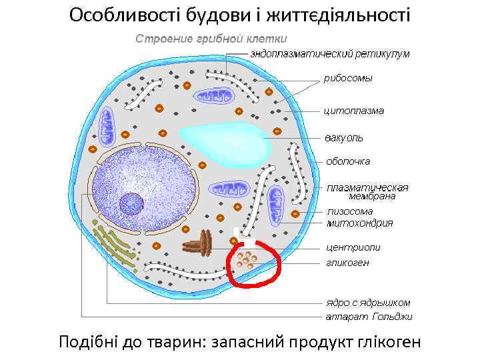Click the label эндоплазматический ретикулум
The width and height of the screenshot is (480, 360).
(330, 53)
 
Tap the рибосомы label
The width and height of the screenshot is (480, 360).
(348, 78)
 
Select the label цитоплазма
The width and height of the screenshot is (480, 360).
(353, 110)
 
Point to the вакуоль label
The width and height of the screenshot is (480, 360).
(344, 138)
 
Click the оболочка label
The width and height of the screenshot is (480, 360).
(348, 161)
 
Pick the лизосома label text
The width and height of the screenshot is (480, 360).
(350, 211)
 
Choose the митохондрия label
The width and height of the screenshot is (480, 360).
(359, 223)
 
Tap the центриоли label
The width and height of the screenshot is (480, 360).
(353, 247)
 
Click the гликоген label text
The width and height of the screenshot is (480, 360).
(347, 263)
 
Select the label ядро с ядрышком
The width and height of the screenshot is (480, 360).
(367, 302)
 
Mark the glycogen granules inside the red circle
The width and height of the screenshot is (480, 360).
(251, 261)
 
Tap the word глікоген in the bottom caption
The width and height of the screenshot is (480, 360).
(382, 342)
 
